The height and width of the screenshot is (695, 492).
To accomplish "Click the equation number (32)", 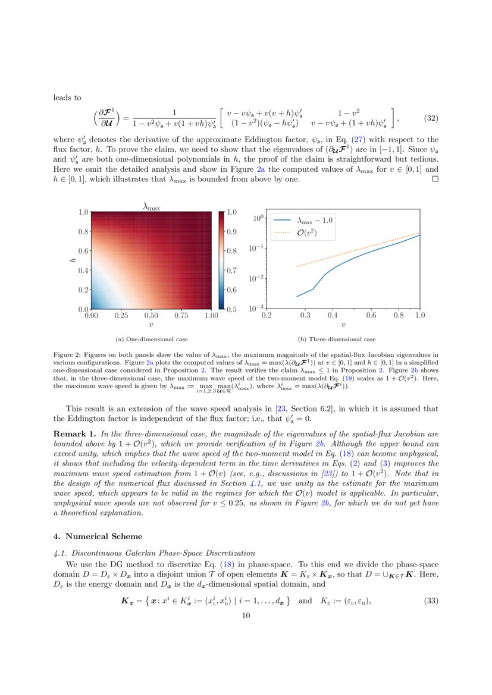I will point(431,118).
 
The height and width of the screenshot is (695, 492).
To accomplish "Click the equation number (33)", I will point(431,600).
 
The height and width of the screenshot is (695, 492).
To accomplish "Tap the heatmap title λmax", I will point(151,206).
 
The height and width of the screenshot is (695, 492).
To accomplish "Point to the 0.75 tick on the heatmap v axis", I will point(181,316).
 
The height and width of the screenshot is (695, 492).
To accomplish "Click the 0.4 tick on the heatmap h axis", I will point(84,271).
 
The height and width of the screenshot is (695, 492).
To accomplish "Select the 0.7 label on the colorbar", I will point(232,270).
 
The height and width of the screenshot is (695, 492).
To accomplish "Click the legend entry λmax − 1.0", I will point(315,220).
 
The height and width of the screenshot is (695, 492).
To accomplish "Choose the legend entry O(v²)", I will point(306,232).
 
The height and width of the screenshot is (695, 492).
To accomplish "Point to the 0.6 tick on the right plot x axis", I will point(371,316).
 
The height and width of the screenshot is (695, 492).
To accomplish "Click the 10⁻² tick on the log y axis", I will point(256,278).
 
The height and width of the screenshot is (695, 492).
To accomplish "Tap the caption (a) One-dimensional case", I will point(152,339).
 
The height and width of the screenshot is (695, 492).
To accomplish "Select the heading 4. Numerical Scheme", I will point(98,536).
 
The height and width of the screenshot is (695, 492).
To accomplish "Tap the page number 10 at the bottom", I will point(246,616).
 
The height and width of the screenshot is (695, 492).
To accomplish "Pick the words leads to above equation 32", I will point(67,98).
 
